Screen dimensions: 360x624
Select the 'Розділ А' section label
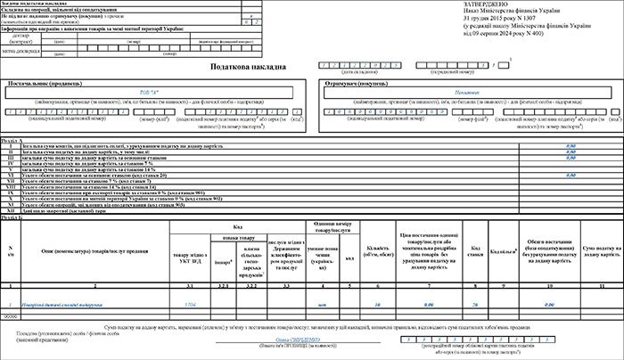pyautogui.click(x=12, y=139)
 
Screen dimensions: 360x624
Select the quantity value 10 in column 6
pyautogui.click(x=379, y=304)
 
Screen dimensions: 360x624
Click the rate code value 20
pyautogui.click(x=477, y=304)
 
